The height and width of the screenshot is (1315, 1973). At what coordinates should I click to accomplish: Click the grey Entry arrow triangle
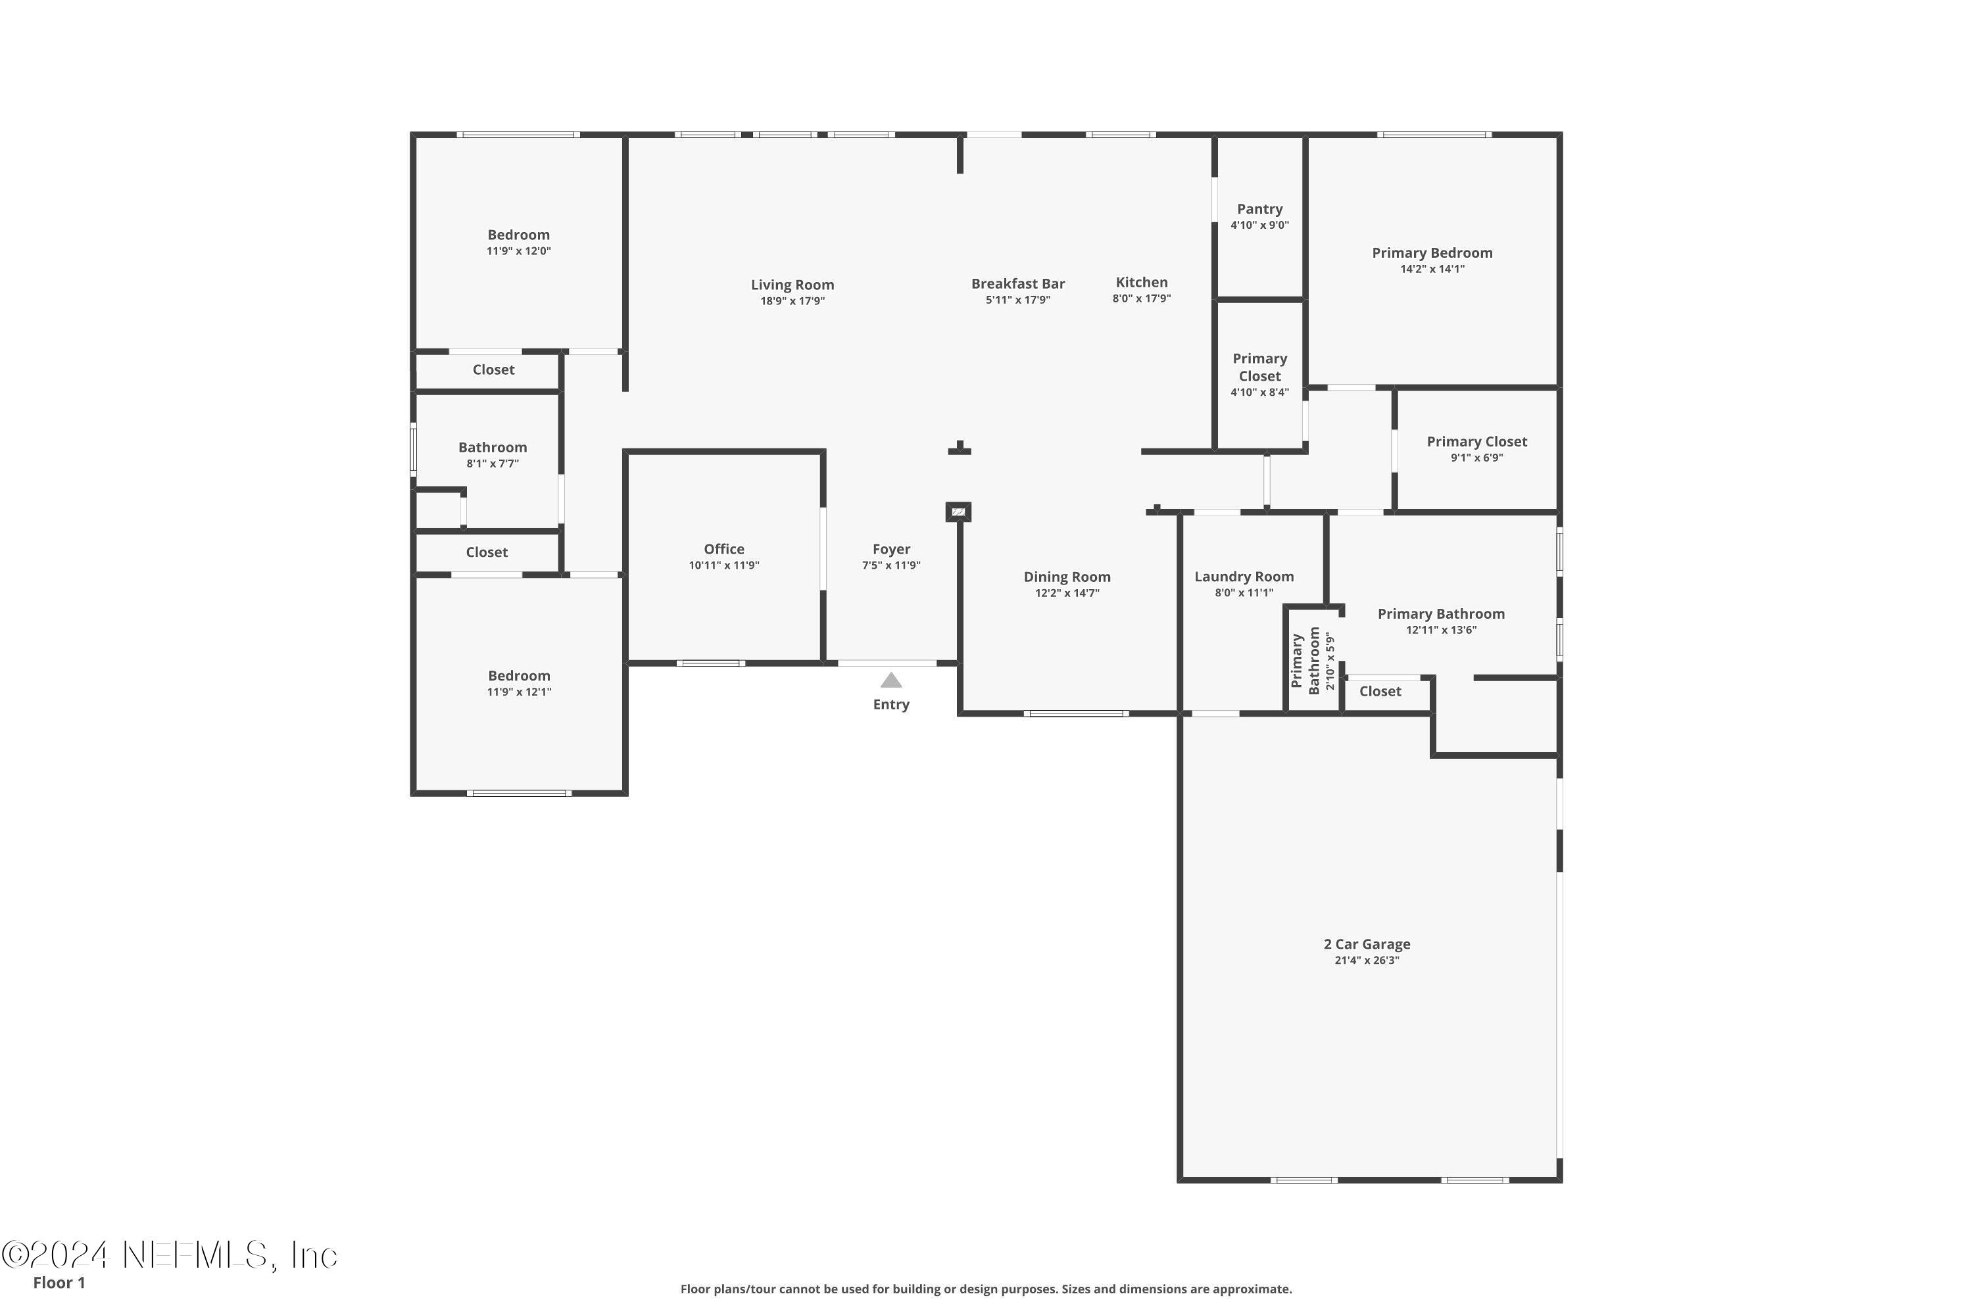pyautogui.click(x=891, y=680)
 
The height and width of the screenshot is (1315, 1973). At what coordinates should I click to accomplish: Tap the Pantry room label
pyautogui.click(x=1260, y=209)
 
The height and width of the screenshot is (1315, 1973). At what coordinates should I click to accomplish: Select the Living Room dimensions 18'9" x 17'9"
pyautogui.click(x=792, y=301)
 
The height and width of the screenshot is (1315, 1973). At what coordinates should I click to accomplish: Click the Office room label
pyautogui.click(x=724, y=549)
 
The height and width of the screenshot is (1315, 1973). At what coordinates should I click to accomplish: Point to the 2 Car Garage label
pyautogui.click(x=1367, y=944)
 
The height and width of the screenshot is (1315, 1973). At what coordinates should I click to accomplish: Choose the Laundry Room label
pyautogui.click(x=1244, y=577)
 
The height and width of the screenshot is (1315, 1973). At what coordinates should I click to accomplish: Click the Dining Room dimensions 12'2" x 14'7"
pyautogui.click(x=1067, y=593)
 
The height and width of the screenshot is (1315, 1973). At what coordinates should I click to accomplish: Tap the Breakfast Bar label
pyautogui.click(x=1018, y=284)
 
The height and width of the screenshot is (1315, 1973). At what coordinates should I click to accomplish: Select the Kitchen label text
pyautogui.click(x=1142, y=283)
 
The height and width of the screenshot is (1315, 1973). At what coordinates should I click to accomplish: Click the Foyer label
pyautogui.click(x=891, y=549)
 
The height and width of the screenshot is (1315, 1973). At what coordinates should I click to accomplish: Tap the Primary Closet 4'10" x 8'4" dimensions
pyautogui.click(x=1260, y=393)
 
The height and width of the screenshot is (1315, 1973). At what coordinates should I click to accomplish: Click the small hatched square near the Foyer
pyautogui.click(x=958, y=512)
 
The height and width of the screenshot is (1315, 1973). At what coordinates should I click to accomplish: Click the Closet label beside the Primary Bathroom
pyautogui.click(x=1380, y=692)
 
